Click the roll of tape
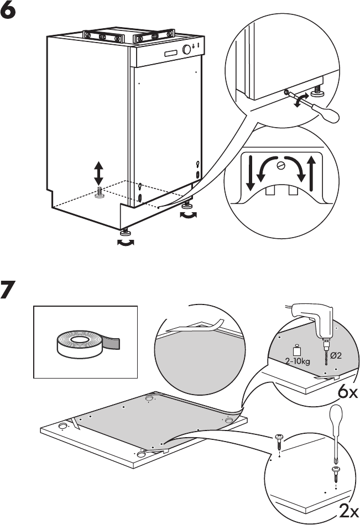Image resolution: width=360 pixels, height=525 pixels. tap(81, 343)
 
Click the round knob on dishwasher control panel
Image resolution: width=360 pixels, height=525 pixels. tap(185, 49)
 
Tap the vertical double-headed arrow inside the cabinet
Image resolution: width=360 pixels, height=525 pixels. tap(99, 173)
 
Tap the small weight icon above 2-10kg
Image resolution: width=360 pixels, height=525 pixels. tap(296, 351)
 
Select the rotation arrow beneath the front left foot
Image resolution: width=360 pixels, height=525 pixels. tap(127, 243)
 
